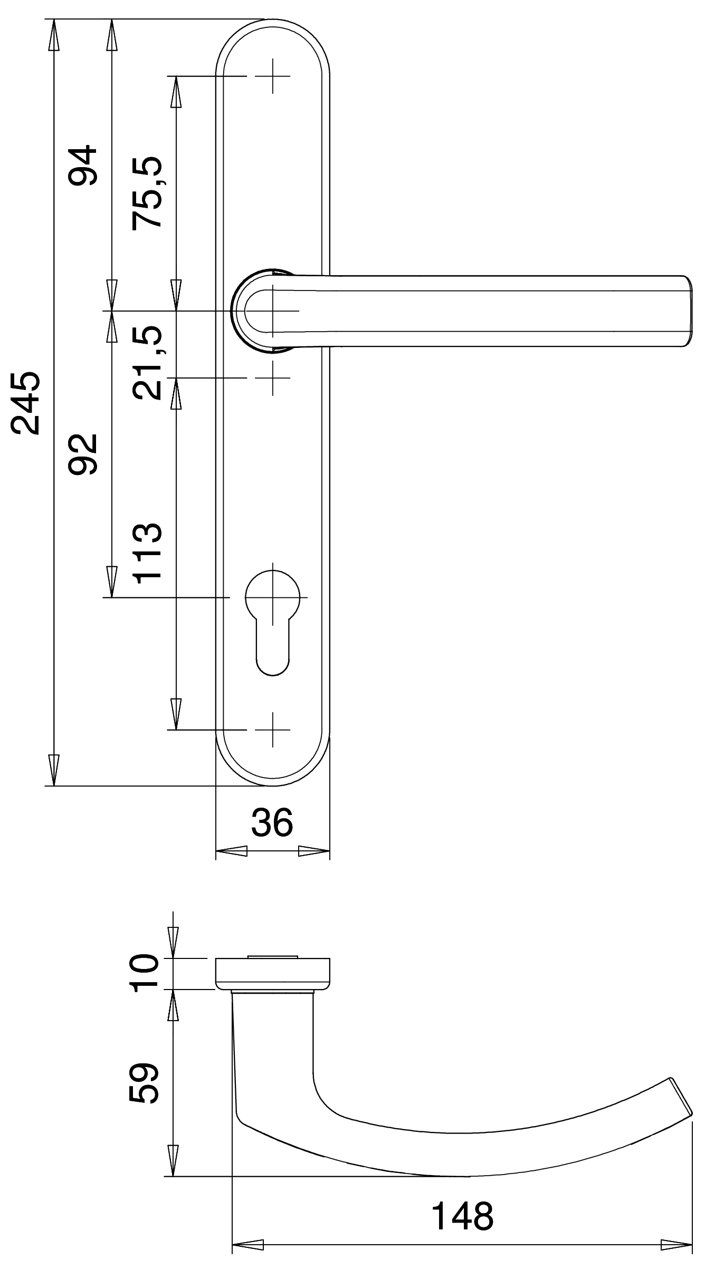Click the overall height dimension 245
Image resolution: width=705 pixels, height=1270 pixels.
[25, 403]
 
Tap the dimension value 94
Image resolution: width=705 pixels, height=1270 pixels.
[83, 165]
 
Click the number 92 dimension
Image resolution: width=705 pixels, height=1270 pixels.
[83, 454]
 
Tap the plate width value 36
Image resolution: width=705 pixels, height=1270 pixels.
[272, 823]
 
